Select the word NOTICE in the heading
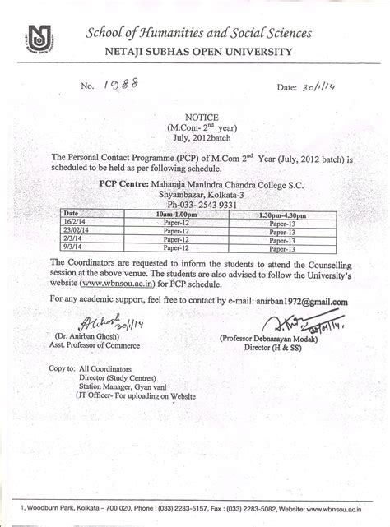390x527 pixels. [194, 118]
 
